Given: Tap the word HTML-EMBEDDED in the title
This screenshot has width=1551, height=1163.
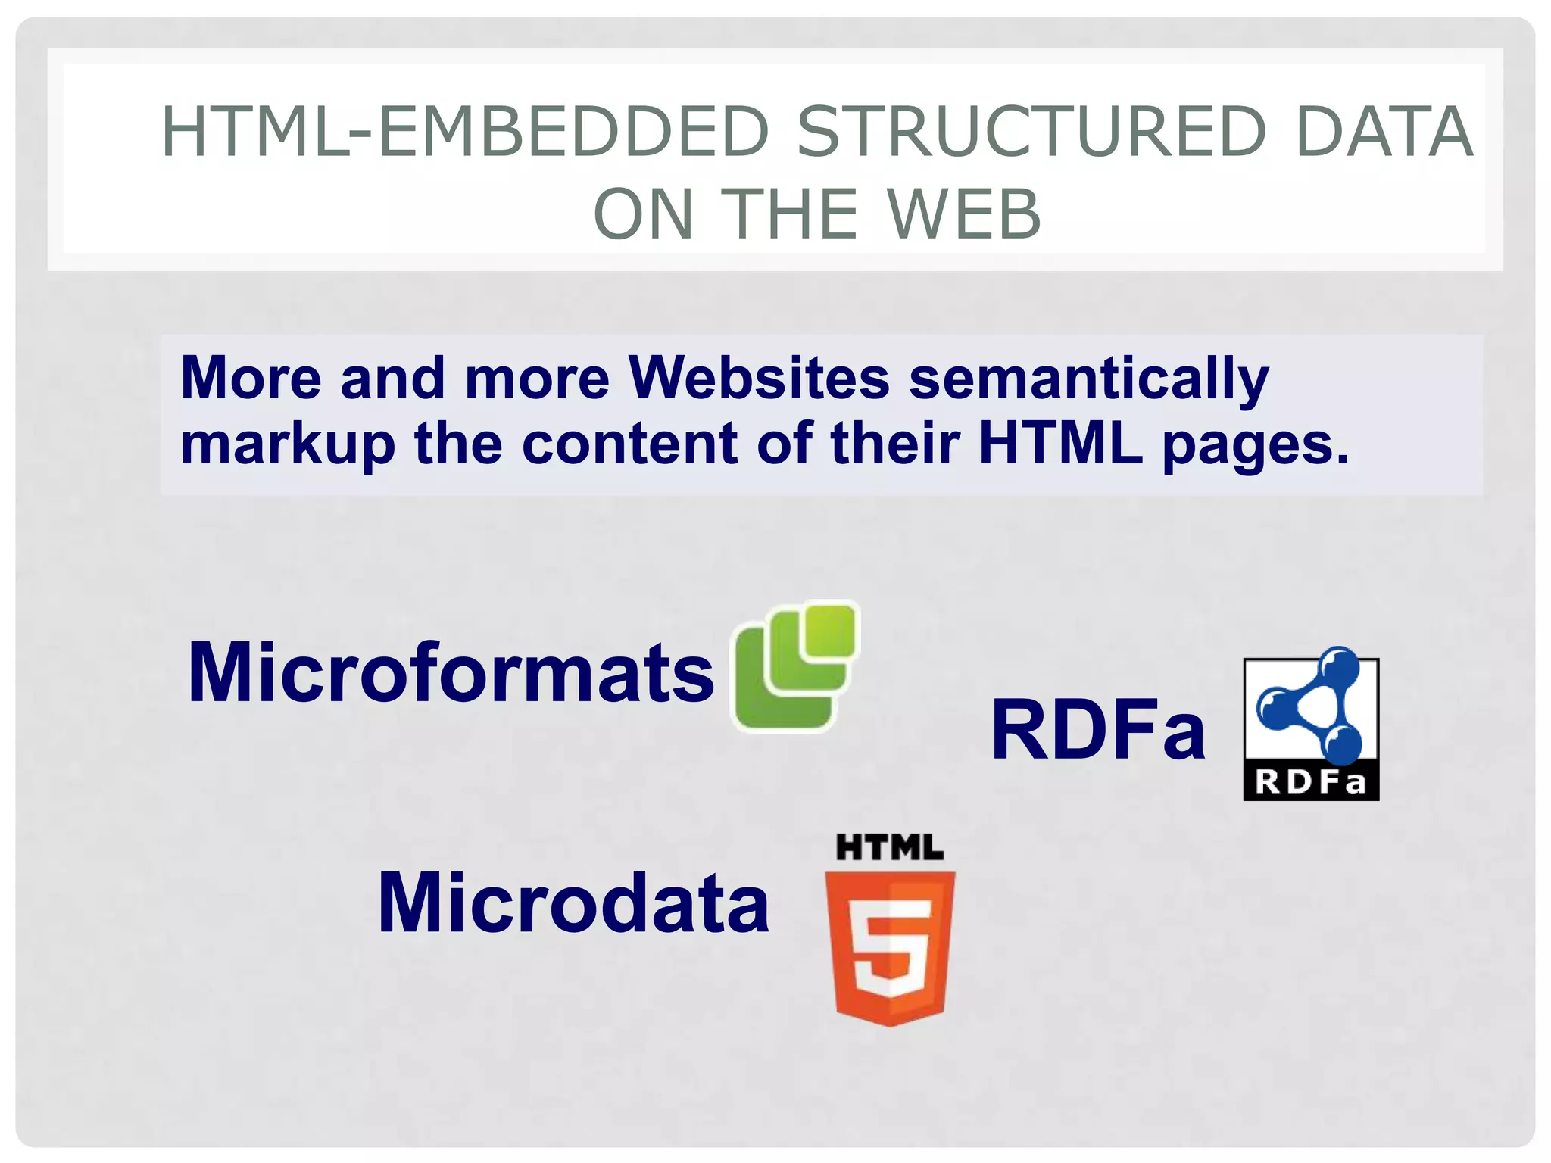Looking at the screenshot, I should tap(466, 133).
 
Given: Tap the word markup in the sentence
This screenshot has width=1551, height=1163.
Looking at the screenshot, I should tap(288, 445).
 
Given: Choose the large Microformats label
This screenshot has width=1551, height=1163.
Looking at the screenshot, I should tap(451, 672).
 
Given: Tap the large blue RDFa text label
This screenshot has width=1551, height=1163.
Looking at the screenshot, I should tap(1097, 731).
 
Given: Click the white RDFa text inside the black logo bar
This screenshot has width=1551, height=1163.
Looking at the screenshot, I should tap(1311, 782).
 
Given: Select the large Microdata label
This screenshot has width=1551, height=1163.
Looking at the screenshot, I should tap(573, 903).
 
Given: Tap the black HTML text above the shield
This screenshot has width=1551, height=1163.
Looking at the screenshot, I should tap(890, 848).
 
